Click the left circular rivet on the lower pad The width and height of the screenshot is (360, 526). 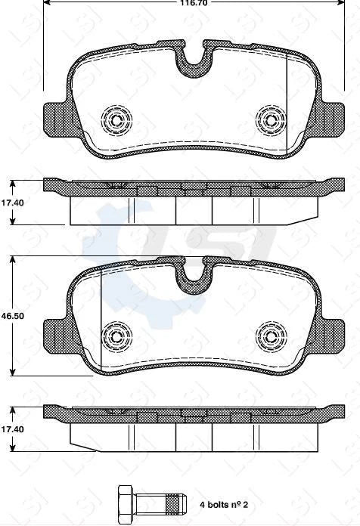[x=116, y=335]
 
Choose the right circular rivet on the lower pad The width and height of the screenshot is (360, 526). [x=270, y=335]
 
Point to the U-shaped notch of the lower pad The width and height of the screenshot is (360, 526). [x=194, y=280]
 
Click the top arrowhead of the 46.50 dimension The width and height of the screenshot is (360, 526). [x=12, y=259]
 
